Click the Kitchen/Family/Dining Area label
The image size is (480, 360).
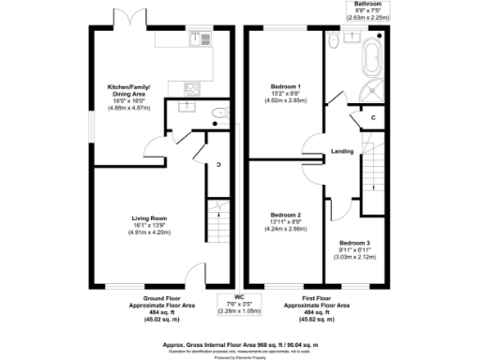click(x=126, y=92)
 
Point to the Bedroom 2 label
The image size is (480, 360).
click(x=284, y=213)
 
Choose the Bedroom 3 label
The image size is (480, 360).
click(x=355, y=243)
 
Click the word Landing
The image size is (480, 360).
click(x=342, y=151)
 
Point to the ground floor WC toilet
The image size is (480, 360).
click(x=217, y=112)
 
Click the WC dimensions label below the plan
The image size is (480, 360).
click(x=240, y=307)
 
